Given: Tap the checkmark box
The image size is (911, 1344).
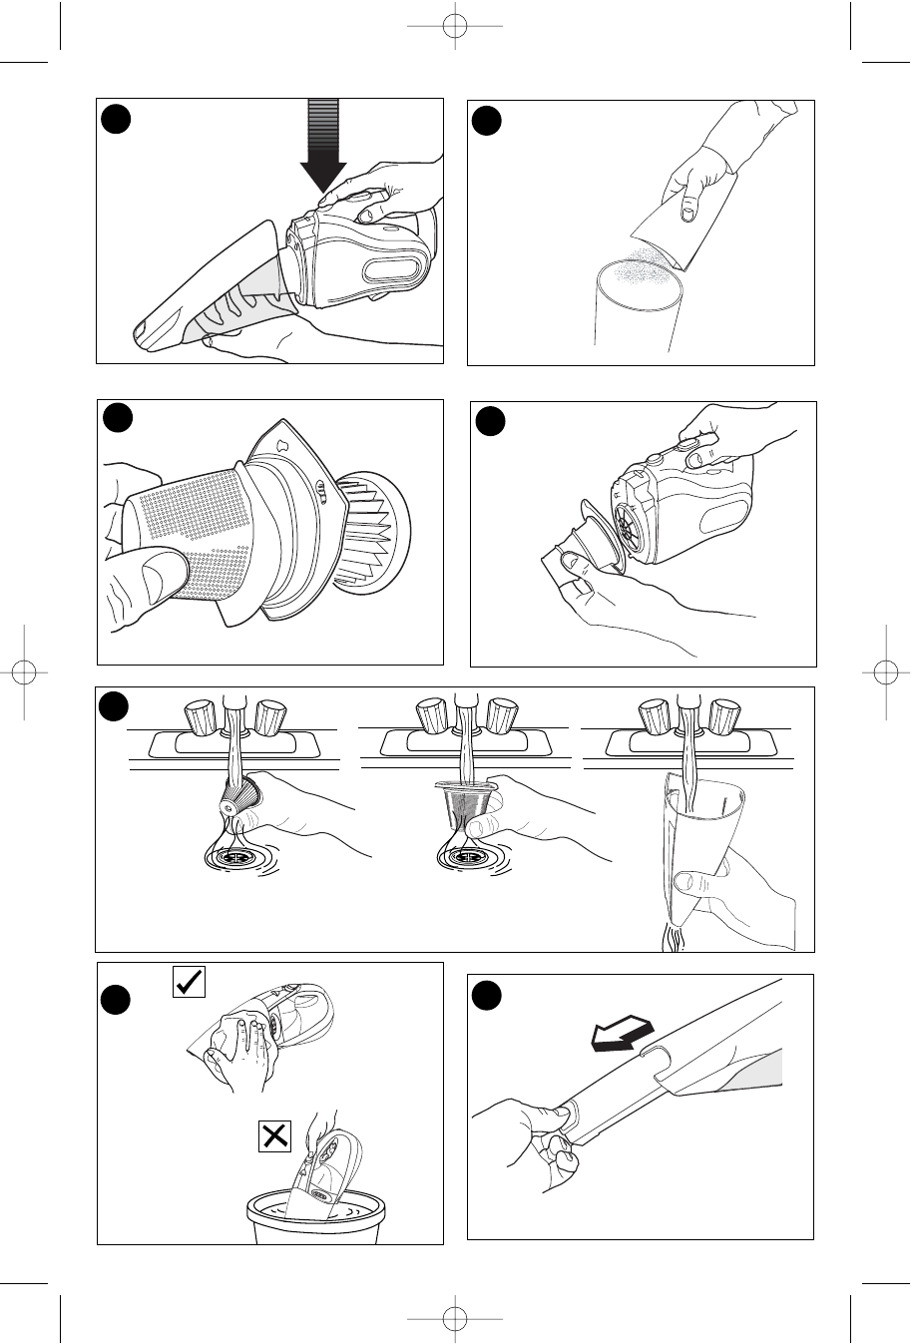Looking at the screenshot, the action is point(189,982).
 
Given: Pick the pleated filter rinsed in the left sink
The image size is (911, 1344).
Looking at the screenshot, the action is point(238,798).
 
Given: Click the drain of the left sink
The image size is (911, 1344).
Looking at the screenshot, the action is point(238,857).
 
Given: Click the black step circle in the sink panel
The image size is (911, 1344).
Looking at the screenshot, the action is point(116,707).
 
